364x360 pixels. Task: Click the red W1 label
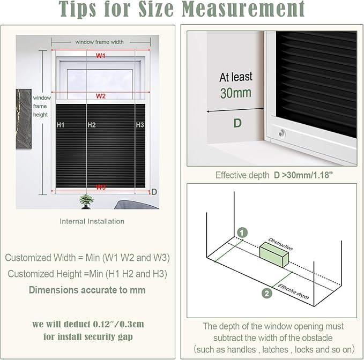101,56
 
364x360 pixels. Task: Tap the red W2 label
101,96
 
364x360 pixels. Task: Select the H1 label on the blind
61,125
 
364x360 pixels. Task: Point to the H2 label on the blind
92,125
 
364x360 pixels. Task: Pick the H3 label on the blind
140,125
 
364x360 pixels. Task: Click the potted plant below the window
86,201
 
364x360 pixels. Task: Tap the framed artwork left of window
24,118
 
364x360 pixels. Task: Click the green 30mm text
236,93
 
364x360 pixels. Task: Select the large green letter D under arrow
237,123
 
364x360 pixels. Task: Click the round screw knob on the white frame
281,133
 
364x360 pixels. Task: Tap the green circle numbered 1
242,232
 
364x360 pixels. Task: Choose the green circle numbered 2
267,294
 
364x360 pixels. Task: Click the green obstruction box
274,254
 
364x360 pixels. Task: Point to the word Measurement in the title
243,9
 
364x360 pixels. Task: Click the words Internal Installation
92,221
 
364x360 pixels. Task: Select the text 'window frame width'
99,42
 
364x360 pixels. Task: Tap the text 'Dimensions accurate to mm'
87,290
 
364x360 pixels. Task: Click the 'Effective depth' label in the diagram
293,291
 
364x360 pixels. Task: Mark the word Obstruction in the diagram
281,244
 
